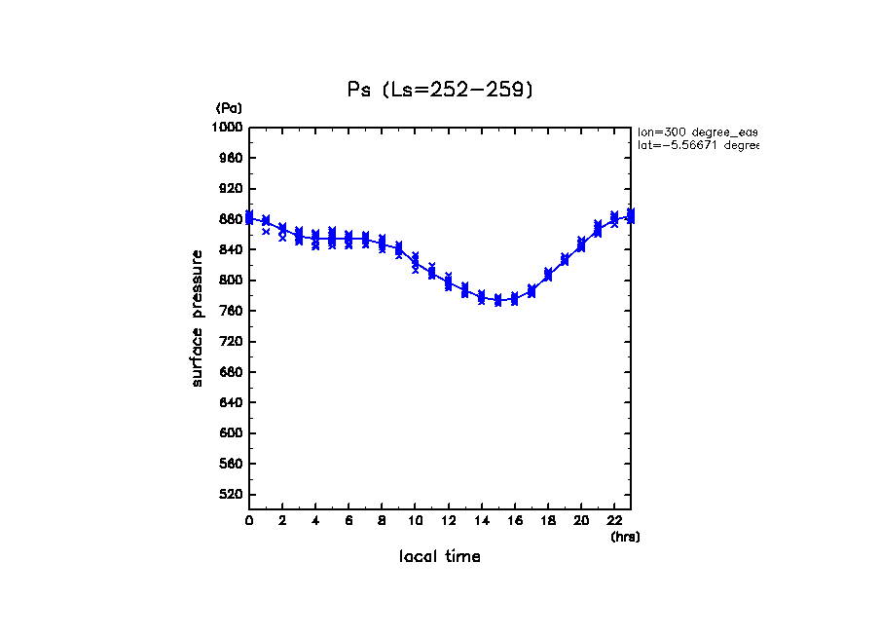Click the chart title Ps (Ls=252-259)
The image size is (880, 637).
tap(440, 90)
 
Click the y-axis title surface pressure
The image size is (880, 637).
tap(198, 318)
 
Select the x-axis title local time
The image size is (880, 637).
tap(439, 557)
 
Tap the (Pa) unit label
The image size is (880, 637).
tap(229, 108)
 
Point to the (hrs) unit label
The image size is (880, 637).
tap(625, 537)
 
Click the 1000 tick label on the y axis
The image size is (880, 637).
tap(229, 128)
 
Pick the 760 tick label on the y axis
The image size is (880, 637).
tap(232, 312)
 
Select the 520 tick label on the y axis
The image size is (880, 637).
tap(232, 495)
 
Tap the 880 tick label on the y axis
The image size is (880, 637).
tap(232, 219)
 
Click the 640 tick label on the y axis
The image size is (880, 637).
tap(232, 403)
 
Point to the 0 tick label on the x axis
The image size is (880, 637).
tap(249, 521)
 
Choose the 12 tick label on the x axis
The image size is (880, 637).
tap(448, 521)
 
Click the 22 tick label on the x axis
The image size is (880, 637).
tap(614, 521)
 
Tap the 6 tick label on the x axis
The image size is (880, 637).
tap(348, 521)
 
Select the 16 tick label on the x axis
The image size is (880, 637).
tap(514, 521)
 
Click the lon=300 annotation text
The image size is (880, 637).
tap(697, 131)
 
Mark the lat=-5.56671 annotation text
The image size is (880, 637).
tap(697, 145)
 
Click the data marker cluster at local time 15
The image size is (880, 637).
tap(498, 300)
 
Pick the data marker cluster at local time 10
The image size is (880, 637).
tap(416, 261)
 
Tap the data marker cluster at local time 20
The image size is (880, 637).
tap(581, 244)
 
